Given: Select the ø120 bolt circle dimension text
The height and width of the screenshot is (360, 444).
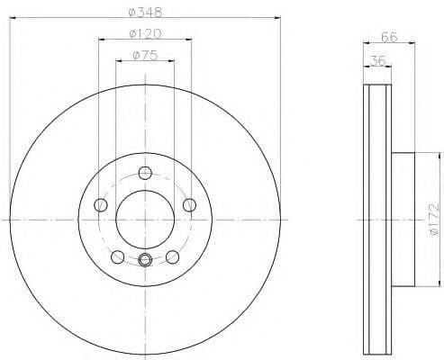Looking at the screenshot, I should (x=145, y=34).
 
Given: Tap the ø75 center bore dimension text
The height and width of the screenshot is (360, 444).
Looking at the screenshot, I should (x=145, y=55).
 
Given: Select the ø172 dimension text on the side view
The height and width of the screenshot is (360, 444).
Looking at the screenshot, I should (x=432, y=218).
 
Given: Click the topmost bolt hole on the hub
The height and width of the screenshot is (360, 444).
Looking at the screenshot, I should (x=145, y=175).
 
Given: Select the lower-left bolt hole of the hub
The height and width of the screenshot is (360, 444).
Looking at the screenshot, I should (x=118, y=256).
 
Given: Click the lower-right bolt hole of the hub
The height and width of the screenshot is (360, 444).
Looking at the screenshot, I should (x=172, y=256).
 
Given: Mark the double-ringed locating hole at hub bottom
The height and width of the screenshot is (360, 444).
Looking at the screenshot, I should (x=145, y=262).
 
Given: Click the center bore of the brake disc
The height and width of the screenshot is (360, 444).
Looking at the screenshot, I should (x=145, y=219).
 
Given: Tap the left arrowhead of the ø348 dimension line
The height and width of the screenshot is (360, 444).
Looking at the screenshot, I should (x=13, y=20).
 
